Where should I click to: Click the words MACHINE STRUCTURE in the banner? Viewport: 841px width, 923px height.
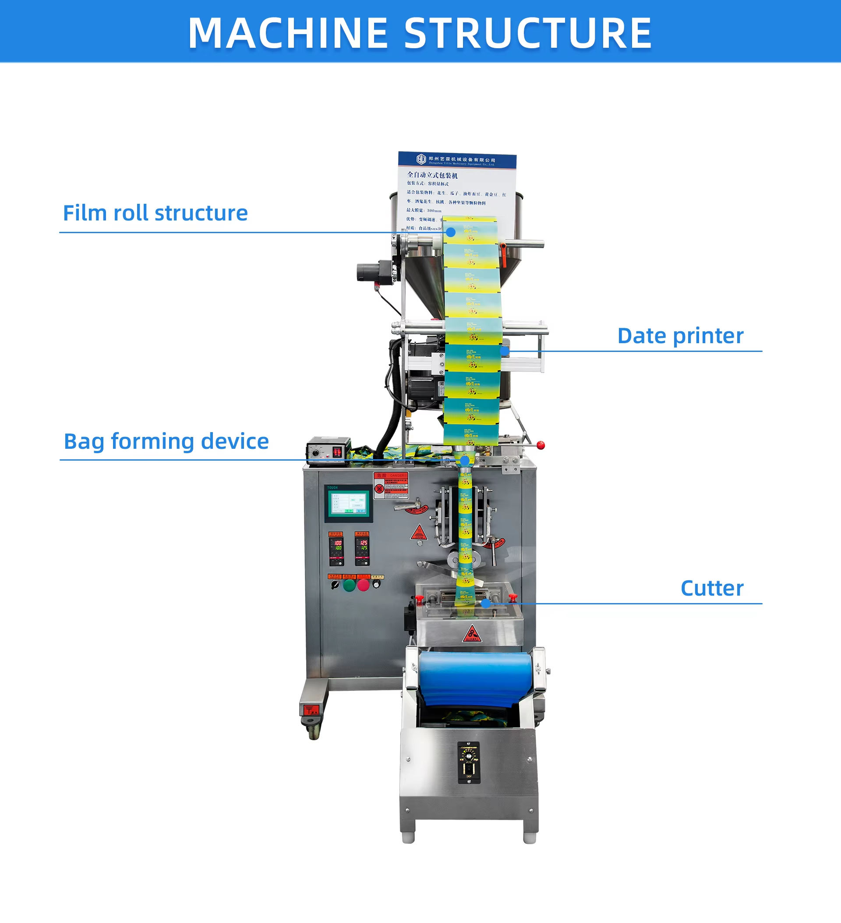coord(420,33)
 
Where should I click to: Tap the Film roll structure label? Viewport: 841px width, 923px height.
coord(155,213)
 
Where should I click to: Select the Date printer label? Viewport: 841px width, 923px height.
coord(680,336)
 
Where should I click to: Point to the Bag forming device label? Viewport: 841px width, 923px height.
coord(166,441)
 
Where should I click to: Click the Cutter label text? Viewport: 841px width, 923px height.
coord(711,588)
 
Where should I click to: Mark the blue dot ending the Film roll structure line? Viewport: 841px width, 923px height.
coord(451,233)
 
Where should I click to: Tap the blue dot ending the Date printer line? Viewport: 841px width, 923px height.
coord(505,351)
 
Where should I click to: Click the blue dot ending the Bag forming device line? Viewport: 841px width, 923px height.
coord(464,460)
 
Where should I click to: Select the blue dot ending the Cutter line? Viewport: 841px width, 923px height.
coord(486,603)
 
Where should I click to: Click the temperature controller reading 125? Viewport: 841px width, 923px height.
coord(362,548)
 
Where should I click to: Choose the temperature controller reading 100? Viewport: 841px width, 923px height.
coord(336,548)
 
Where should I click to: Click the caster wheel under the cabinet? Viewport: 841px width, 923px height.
coord(314,728)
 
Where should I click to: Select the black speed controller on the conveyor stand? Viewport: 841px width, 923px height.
coord(469,762)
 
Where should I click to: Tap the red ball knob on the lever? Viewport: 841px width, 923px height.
coord(541,445)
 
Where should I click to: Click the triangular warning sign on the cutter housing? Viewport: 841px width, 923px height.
coord(471,635)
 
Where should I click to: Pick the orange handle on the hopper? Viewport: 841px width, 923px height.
coord(503,255)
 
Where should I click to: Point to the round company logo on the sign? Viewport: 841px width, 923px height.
coord(421,159)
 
